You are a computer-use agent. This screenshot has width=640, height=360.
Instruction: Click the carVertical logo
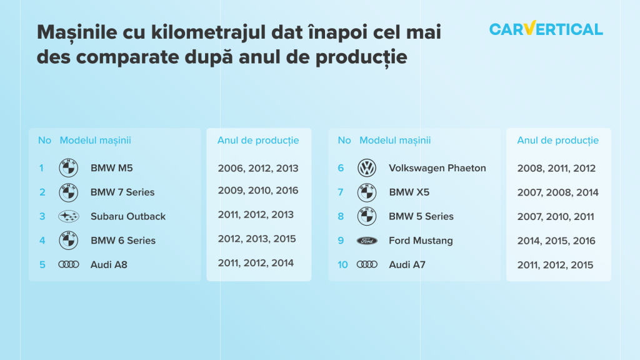pyautogui.click(x=546, y=29)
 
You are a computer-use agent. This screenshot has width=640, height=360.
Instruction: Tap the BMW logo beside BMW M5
pyautogui.click(x=69, y=167)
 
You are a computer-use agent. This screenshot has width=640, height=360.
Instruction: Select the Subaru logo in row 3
pyautogui.click(x=69, y=216)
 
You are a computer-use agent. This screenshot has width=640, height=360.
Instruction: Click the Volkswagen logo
pyautogui.click(x=367, y=167)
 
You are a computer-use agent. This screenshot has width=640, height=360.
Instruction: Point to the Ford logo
pyautogui.click(x=367, y=241)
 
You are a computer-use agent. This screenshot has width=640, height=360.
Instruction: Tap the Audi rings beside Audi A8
pyautogui.click(x=69, y=264)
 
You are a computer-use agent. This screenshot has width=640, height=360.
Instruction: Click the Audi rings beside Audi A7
pyautogui.click(x=367, y=264)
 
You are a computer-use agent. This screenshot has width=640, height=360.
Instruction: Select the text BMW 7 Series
pyautogui.click(x=122, y=192)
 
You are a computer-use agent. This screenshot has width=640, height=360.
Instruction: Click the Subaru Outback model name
pyautogui.click(x=128, y=216)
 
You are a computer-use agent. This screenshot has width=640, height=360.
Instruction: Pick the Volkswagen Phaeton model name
pyautogui.click(x=437, y=168)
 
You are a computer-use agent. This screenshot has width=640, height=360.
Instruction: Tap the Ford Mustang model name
pyautogui.click(x=421, y=241)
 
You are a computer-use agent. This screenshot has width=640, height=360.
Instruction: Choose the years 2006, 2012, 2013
pyautogui.click(x=258, y=168)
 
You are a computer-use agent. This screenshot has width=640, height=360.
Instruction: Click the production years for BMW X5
pyautogui.click(x=557, y=192)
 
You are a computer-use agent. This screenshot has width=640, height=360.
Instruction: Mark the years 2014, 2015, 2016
pyautogui.click(x=556, y=241)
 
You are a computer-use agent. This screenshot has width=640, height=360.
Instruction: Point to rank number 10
pyautogui.click(x=342, y=265)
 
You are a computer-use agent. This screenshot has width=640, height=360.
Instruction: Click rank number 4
pyautogui.click(x=42, y=241)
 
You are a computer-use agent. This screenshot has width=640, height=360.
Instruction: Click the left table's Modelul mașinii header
pyautogui.click(x=95, y=141)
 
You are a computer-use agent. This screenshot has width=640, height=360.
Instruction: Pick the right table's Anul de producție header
pyautogui.click(x=557, y=141)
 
